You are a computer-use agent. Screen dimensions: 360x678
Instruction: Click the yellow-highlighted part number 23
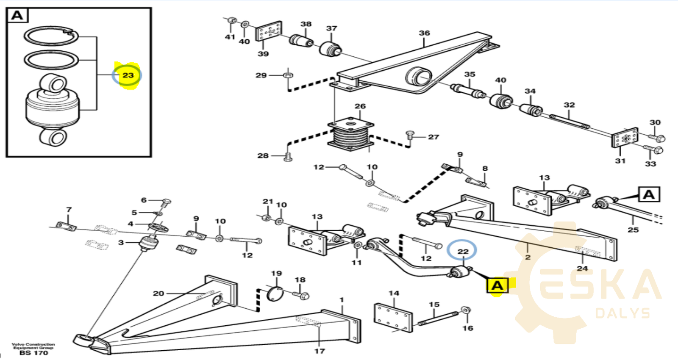128,75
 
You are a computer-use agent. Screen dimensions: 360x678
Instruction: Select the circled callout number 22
462,251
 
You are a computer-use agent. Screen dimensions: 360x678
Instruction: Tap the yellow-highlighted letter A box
497,285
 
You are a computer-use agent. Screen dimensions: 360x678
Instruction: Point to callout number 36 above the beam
424,33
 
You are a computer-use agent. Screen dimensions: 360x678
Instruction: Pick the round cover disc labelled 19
275,293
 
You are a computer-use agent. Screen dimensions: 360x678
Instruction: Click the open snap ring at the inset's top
51,36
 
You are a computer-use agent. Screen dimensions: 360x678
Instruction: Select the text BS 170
34,353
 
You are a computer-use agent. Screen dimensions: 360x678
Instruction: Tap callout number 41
230,37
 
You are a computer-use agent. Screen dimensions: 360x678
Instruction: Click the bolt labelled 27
410,136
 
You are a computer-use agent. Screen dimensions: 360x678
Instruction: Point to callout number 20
158,293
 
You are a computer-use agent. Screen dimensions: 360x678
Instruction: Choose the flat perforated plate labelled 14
393,317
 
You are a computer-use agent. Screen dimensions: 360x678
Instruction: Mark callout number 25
633,230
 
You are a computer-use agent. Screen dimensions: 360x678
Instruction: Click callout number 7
69,210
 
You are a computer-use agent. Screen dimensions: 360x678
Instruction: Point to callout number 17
320,351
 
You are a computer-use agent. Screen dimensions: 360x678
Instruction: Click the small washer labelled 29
288,75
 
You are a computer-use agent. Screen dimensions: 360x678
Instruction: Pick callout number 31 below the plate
620,161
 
